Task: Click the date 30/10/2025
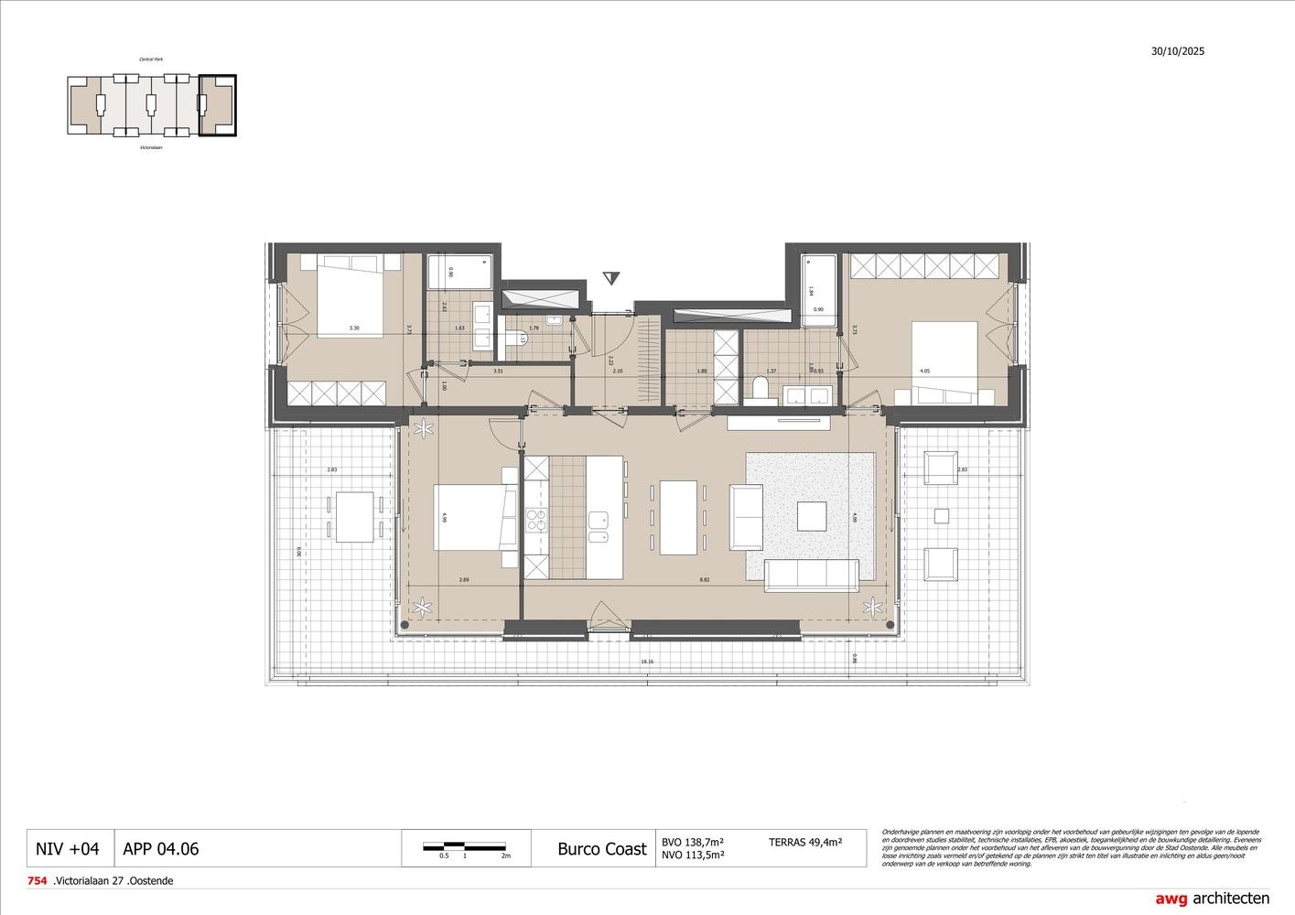tap(1178, 51)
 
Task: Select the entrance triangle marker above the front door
tap(610, 278)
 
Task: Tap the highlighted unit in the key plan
tap(218, 106)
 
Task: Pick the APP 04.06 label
tap(160, 848)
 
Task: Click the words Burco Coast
tap(601, 848)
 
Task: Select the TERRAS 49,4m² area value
tap(805, 842)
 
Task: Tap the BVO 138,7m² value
tap(693, 842)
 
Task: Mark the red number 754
tap(37, 881)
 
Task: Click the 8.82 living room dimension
tap(703, 580)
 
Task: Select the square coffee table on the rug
tap(811, 516)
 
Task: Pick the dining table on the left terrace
tap(354, 517)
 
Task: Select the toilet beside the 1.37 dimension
tap(759, 390)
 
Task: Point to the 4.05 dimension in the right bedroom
tap(924, 371)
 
